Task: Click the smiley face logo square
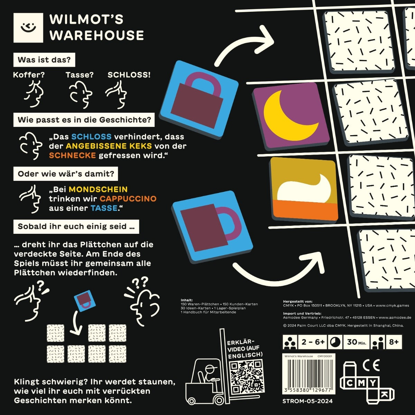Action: [x=28, y=28]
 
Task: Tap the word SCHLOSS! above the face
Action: [x=129, y=75]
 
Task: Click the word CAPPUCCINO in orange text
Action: [x=128, y=199]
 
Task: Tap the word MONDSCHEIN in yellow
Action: [x=98, y=190]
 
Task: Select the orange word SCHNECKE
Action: [x=72, y=155]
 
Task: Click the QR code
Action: [x=246, y=377]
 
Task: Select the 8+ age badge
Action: [x=394, y=342]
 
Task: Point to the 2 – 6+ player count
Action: [x=313, y=342]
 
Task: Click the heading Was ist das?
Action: [x=44, y=60]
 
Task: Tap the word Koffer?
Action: [x=29, y=75]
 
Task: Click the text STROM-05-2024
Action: [x=308, y=401]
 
